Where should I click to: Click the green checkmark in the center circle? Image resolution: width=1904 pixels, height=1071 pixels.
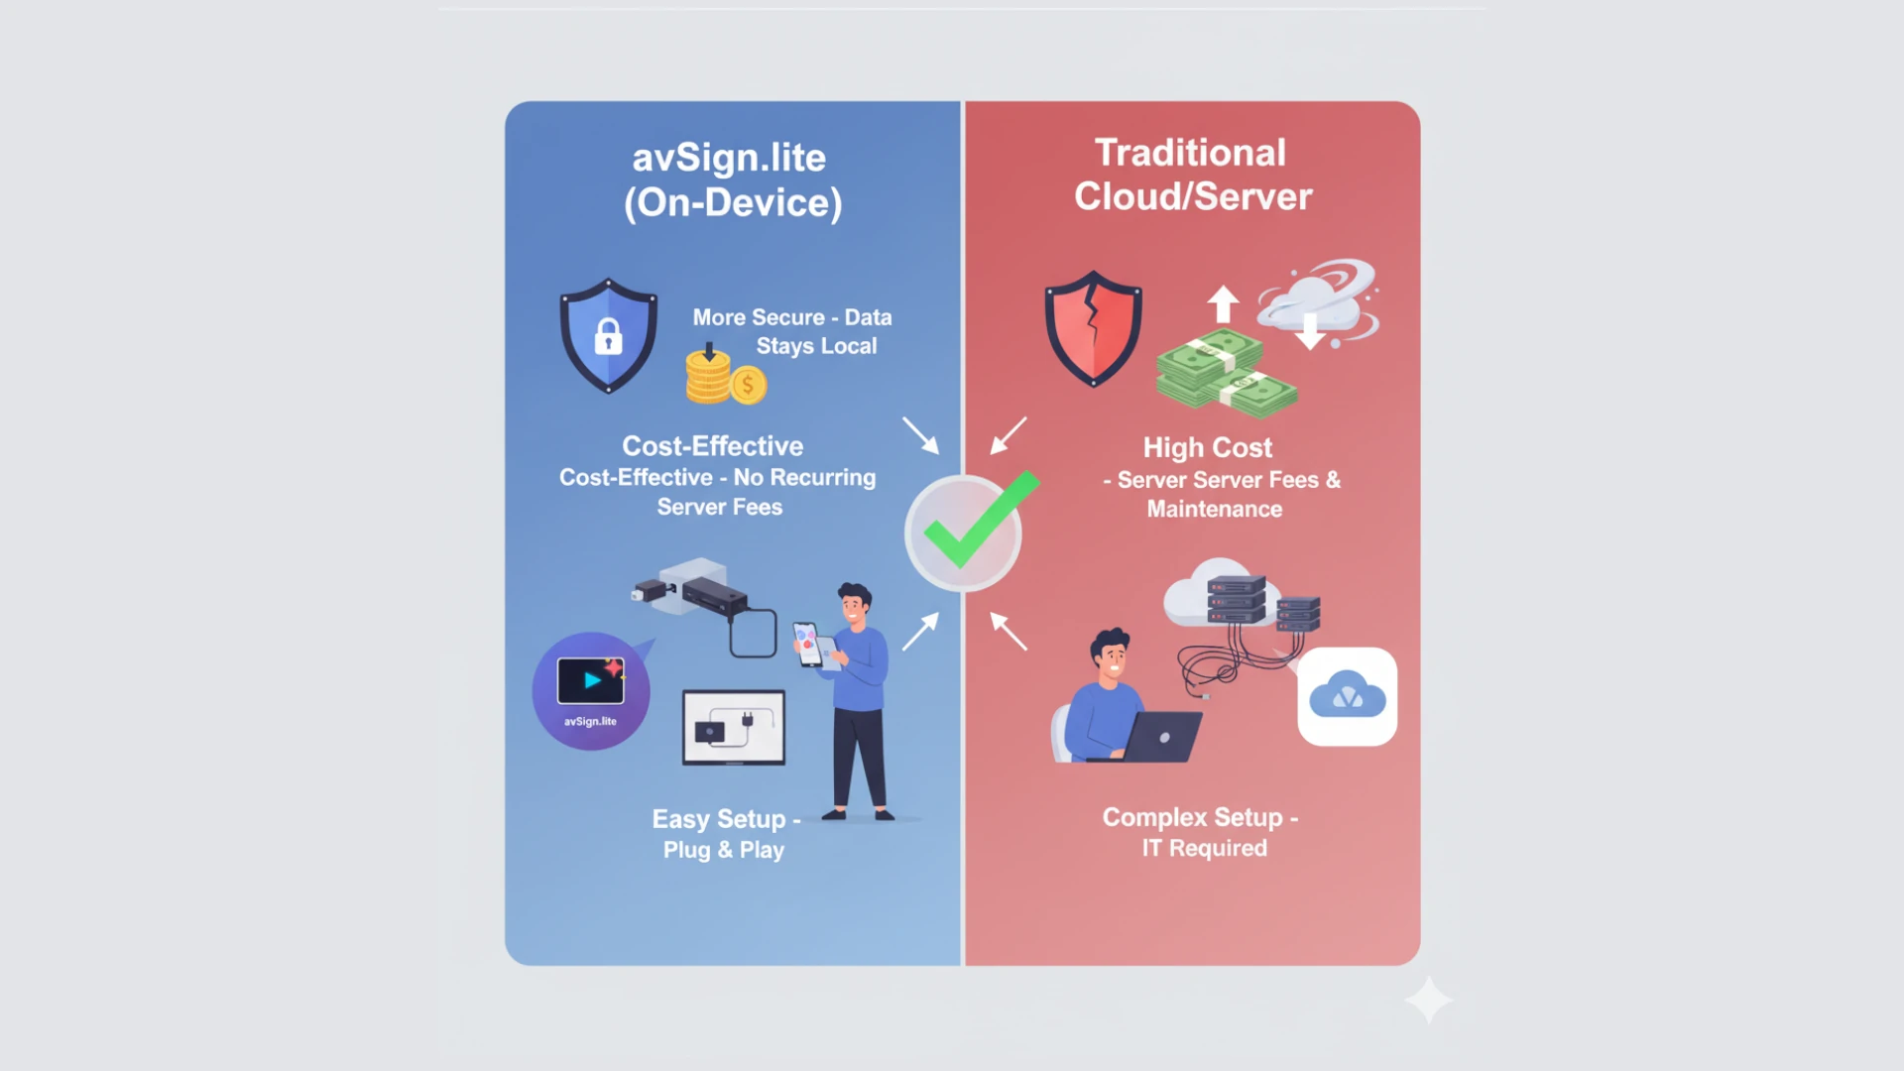click(x=976, y=523)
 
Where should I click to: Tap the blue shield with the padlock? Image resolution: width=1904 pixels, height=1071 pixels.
click(x=608, y=335)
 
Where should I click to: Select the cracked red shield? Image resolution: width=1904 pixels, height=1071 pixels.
click(x=1093, y=328)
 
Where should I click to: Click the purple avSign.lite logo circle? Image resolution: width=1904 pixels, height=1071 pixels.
click(x=591, y=691)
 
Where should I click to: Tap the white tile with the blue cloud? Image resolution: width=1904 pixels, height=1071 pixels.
click(x=1347, y=696)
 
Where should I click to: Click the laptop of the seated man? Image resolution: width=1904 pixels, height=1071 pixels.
click(x=1160, y=738)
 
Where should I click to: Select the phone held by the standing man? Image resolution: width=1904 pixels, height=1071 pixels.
click(x=806, y=644)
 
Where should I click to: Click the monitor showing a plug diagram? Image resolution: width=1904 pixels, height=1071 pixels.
click(x=734, y=728)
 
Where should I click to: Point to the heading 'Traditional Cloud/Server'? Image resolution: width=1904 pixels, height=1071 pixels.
click(x=1192, y=175)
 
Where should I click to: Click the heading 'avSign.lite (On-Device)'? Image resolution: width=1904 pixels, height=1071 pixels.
click(x=732, y=180)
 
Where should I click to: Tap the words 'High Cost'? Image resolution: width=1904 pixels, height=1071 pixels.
click(x=1207, y=447)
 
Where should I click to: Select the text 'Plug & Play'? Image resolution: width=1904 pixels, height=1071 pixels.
click(x=724, y=850)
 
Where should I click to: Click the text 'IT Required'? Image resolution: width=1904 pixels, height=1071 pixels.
click(x=1204, y=848)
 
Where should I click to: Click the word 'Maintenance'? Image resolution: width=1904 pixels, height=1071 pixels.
click(x=1214, y=509)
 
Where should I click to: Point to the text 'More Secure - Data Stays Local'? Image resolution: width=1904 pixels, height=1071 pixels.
click(x=791, y=331)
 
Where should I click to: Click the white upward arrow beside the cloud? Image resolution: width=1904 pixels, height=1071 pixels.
click(x=1223, y=302)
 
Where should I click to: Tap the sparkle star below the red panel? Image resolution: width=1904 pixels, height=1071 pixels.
click(x=1428, y=1000)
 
